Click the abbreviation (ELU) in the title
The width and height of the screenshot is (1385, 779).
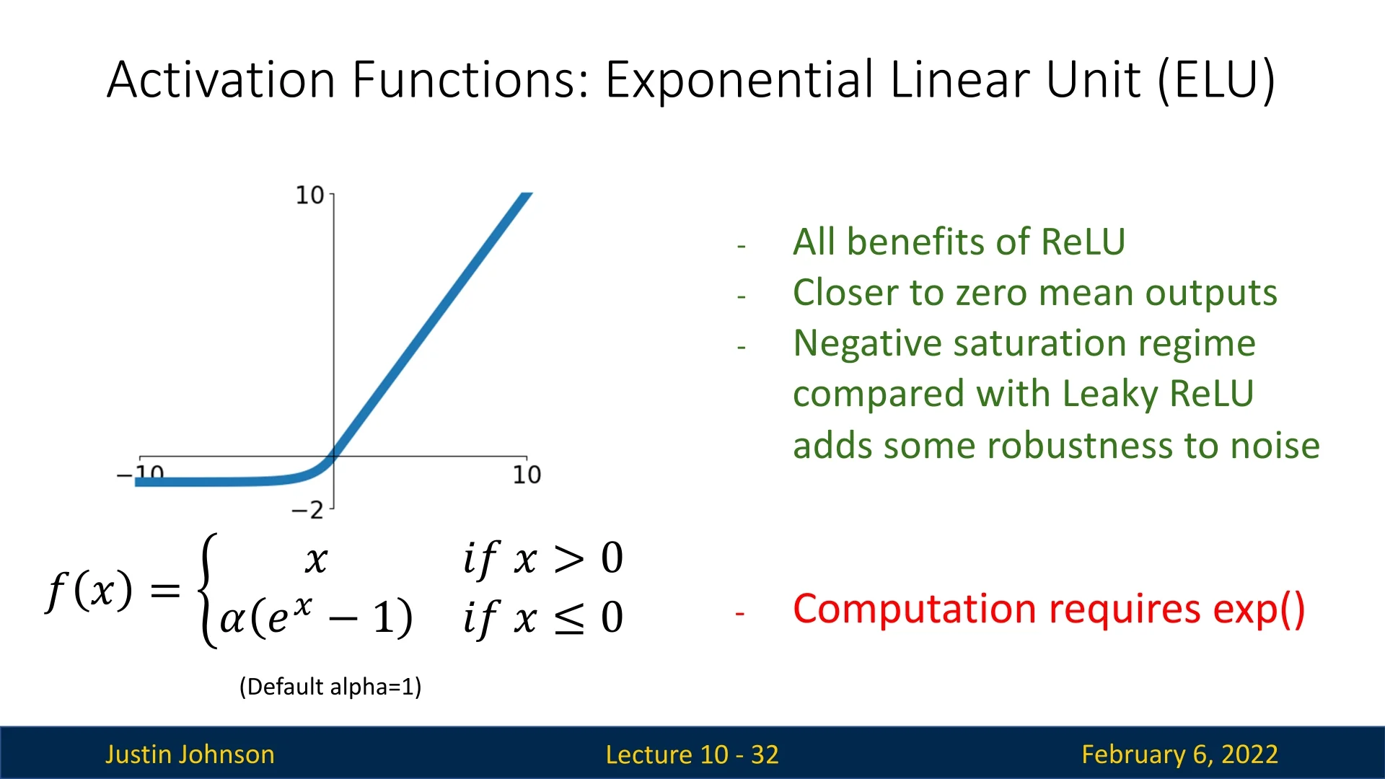[1217, 79]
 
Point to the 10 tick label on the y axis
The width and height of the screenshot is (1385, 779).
[309, 195]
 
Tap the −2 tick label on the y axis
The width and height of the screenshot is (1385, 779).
[307, 510]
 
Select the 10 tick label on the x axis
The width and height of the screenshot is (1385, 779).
[527, 475]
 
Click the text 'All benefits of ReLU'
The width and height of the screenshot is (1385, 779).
[959, 242]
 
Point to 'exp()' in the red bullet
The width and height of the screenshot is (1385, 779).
[1259, 609]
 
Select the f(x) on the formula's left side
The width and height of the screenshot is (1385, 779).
[89, 591]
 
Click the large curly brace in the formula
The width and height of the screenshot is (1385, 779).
[208, 591]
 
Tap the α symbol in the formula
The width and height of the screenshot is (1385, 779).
[232, 620]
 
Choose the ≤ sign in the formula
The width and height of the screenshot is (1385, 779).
[569, 618]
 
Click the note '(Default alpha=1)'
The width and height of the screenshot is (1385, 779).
[330, 687]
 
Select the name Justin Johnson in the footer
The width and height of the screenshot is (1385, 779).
[190, 754]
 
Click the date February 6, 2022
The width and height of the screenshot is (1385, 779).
[1180, 754]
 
